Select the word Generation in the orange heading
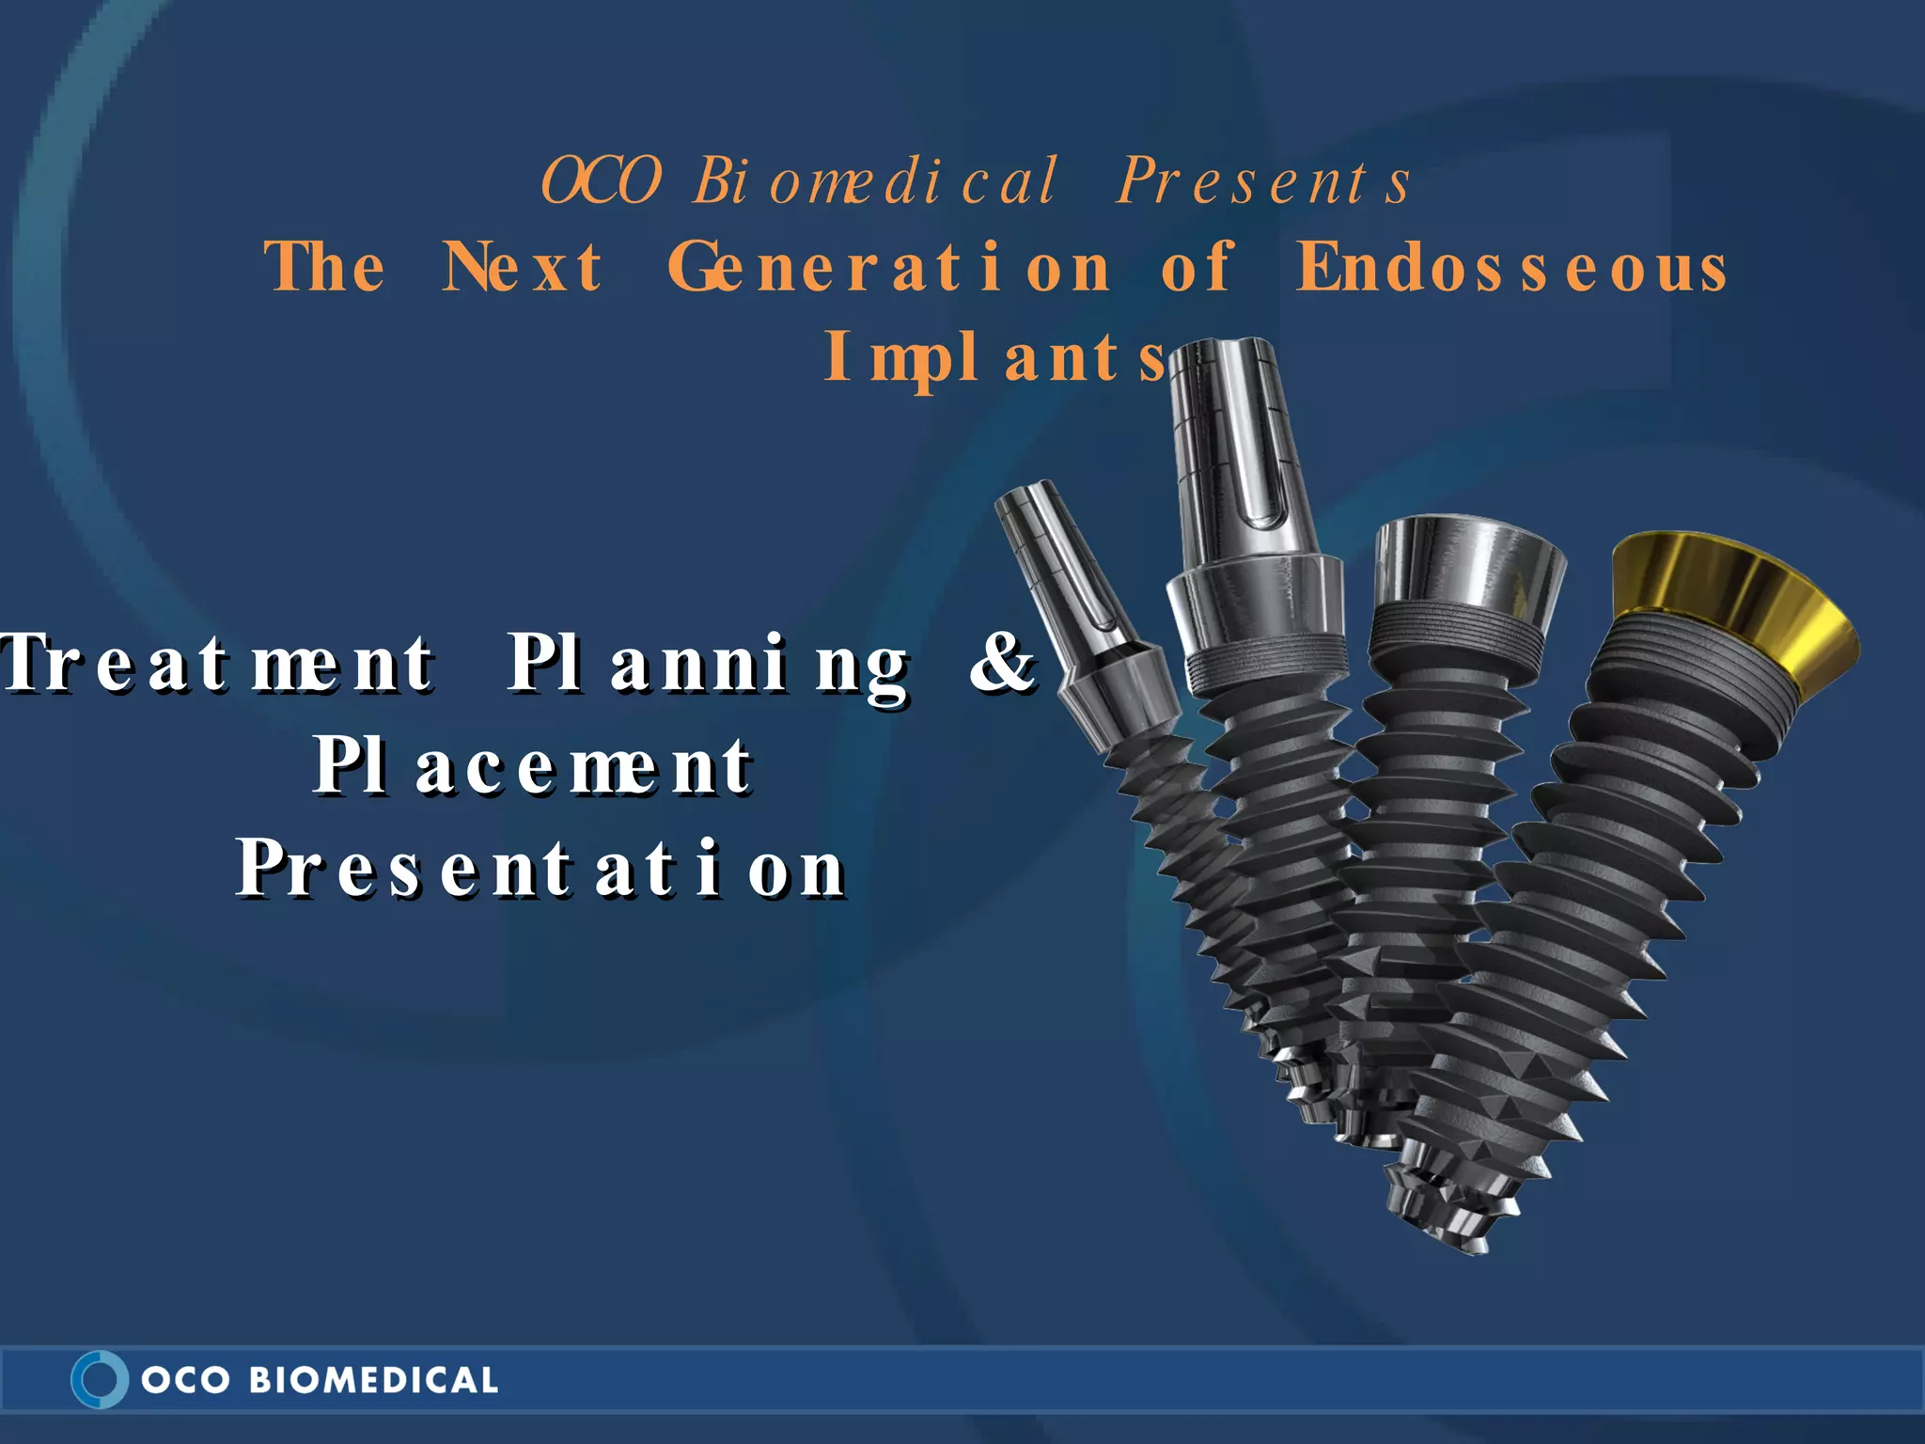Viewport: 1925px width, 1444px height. [x=889, y=267]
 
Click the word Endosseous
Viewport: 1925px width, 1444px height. [x=1511, y=267]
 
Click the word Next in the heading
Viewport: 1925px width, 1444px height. [x=523, y=267]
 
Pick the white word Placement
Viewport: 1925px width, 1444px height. [x=532, y=765]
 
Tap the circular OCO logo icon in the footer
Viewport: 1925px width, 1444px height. [x=99, y=1379]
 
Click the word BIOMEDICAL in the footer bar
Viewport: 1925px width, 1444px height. [x=373, y=1380]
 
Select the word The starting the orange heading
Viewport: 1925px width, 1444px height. [x=325, y=267]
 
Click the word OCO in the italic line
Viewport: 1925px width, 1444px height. [x=602, y=180]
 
